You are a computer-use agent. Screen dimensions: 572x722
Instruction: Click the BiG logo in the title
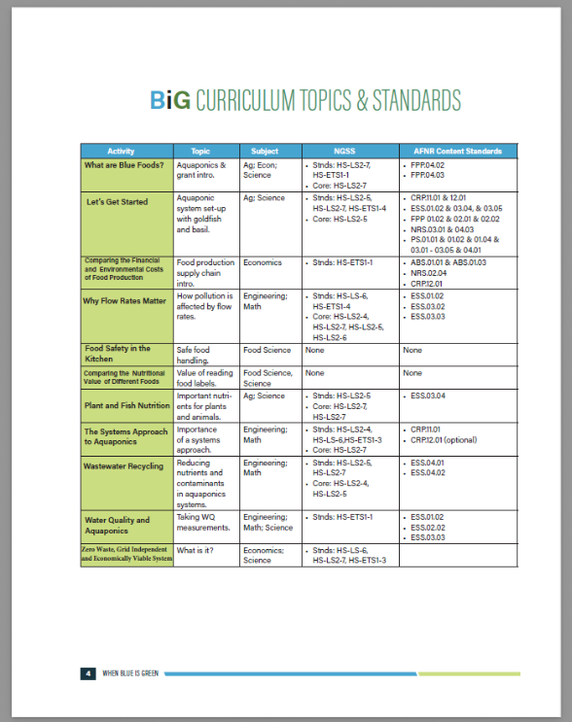click(x=171, y=100)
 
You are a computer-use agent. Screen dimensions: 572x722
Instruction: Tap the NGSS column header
click(x=345, y=152)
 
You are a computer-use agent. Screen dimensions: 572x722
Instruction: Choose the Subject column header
click(x=265, y=152)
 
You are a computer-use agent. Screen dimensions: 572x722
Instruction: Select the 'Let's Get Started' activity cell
click(x=120, y=202)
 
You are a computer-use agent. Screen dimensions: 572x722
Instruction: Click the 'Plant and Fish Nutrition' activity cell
click(x=127, y=405)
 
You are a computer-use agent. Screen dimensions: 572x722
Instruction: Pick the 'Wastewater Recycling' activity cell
click(x=124, y=466)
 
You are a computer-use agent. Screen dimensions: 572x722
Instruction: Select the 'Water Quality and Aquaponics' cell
click(x=116, y=526)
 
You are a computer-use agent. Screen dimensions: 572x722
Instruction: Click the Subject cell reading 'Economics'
click(x=263, y=262)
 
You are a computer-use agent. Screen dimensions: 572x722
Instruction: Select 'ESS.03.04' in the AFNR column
click(x=429, y=396)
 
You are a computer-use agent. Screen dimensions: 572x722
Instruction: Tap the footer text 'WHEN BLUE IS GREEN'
click(x=132, y=672)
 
